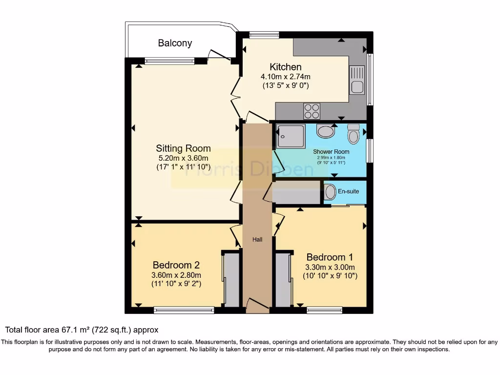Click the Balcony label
click(x=175, y=43)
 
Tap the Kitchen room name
click(x=286, y=67)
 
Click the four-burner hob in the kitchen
click(x=312, y=111)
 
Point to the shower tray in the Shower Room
click(x=291, y=136)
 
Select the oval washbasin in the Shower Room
click(x=326, y=131)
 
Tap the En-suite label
click(x=349, y=191)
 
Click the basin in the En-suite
click(x=330, y=191)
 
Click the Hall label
click(x=257, y=239)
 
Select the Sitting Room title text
click(x=183, y=148)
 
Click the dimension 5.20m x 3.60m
click(x=183, y=158)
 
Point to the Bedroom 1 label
click(x=330, y=257)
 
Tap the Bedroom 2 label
click(x=176, y=265)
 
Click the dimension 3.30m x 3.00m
click(x=330, y=267)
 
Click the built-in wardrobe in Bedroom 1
click(x=283, y=280)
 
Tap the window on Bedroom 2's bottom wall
click(x=184, y=310)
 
